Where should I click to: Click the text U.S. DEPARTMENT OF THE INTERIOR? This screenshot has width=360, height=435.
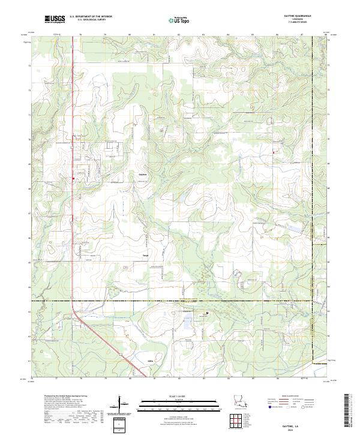click(x=91, y=17)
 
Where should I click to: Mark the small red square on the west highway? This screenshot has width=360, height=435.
click(x=73, y=178)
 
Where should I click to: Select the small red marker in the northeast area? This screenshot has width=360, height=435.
click(x=274, y=152)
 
